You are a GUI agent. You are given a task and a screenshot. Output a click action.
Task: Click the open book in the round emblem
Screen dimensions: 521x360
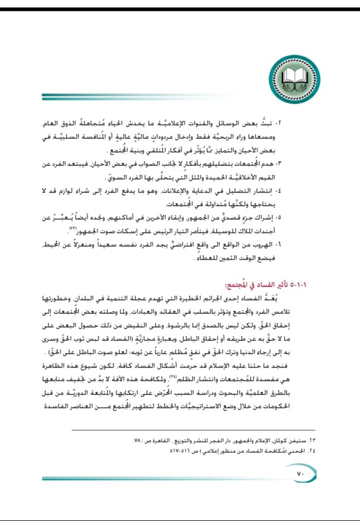click(295, 77)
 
